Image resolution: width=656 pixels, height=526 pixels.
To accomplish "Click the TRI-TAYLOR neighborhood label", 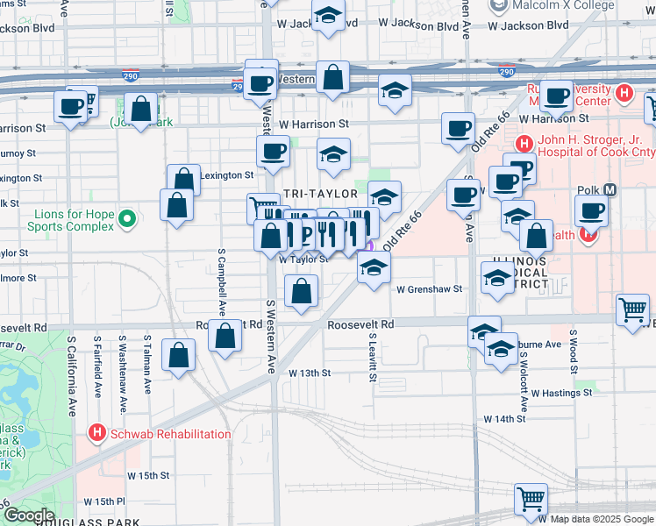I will click(x=319, y=193).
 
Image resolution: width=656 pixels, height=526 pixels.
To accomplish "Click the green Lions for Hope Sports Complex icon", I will click(x=128, y=217).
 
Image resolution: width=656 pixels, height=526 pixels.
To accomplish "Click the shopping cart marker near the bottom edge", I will click(x=531, y=499).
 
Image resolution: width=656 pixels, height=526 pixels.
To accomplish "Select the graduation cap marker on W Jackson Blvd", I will click(x=328, y=17).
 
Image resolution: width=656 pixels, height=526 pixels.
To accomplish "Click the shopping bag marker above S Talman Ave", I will click(x=179, y=355).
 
